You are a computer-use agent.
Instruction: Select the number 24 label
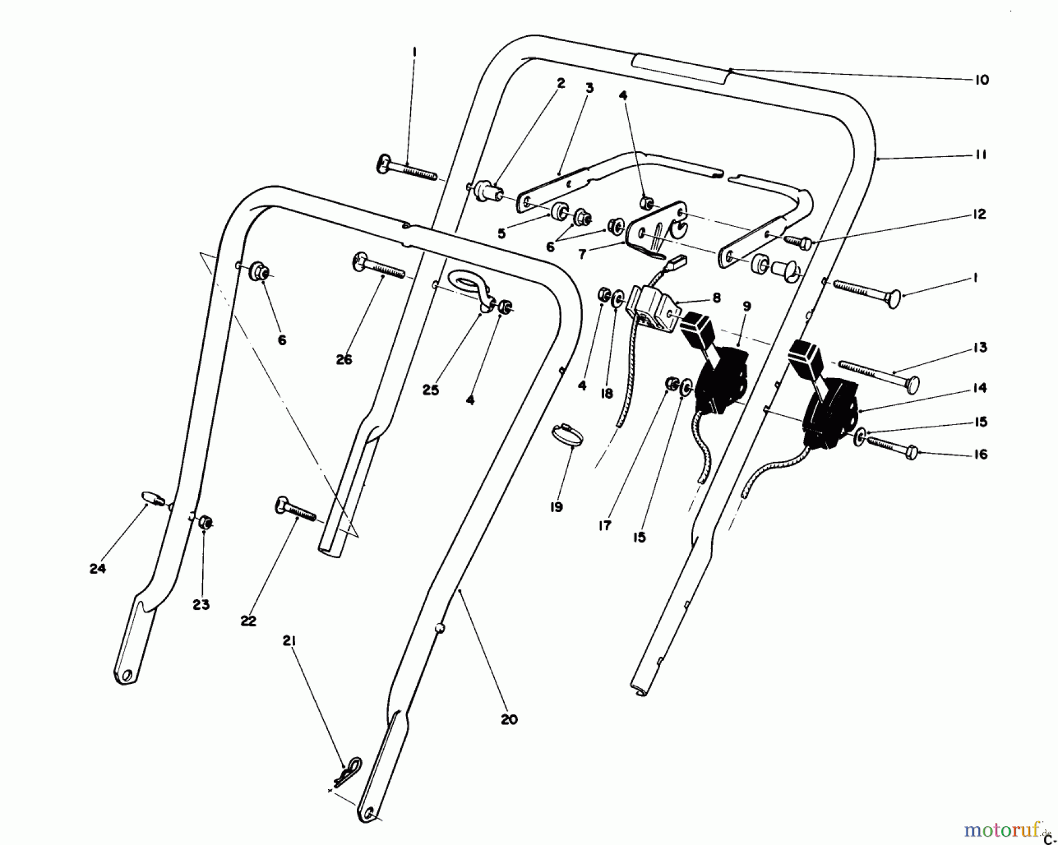[98, 569]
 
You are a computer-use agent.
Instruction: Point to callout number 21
[289, 640]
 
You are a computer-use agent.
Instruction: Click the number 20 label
[509, 719]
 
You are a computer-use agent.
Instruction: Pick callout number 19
[556, 506]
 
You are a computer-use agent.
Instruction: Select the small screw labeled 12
[798, 242]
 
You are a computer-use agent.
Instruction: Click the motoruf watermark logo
[1003, 830]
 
